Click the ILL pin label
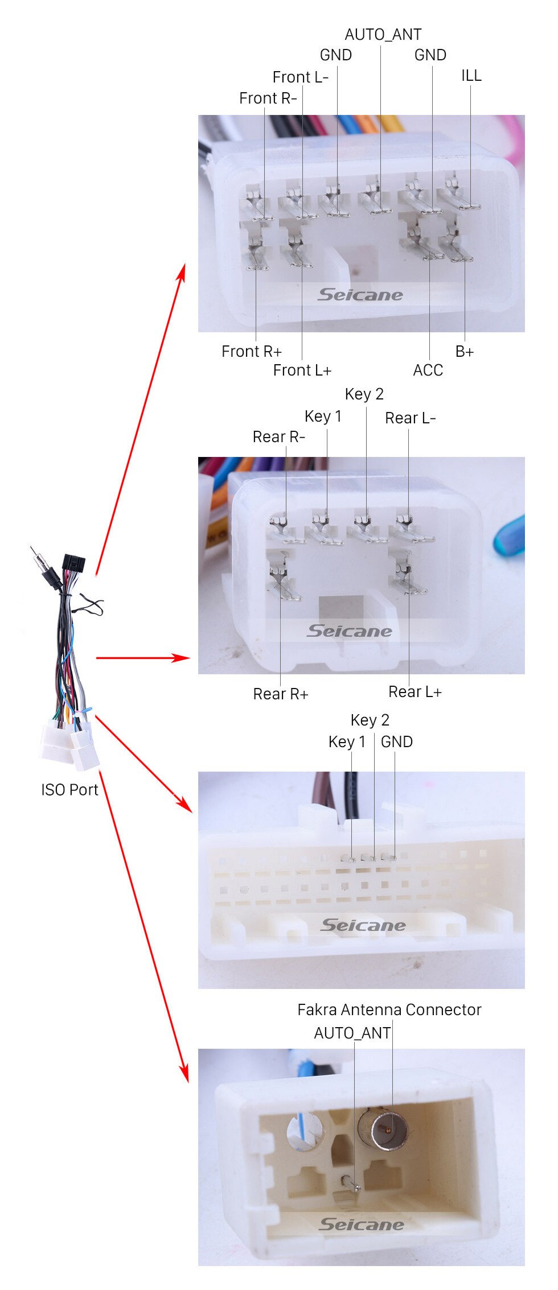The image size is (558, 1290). [x=471, y=75]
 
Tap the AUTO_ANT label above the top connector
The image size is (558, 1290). [x=383, y=35]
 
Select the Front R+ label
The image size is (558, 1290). [x=251, y=352]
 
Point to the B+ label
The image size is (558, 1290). [x=464, y=352]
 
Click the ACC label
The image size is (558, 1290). [x=428, y=370]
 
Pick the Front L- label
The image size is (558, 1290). [x=300, y=77]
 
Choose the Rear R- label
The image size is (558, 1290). [x=278, y=437]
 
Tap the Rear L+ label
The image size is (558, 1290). [x=415, y=692]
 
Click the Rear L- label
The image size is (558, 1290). [x=410, y=418]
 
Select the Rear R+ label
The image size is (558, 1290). [x=280, y=694]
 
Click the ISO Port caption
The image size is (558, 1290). [x=69, y=790]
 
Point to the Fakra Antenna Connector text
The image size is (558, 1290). [x=389, y=1010]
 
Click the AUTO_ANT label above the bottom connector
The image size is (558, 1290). [x=352, y=1033]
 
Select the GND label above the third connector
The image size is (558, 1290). [x=396, y=742]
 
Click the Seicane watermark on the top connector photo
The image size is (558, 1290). [x=360, y=295]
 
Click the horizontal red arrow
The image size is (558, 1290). [x=142, y=658]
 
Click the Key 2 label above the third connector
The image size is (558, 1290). [x=370, y=720]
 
